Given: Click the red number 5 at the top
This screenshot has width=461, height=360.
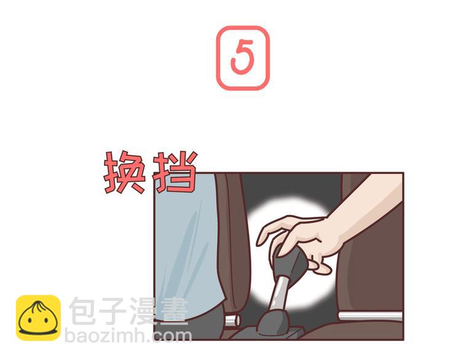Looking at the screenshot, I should (242, 58).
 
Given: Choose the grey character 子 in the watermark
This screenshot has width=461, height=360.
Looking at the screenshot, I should (114, 311).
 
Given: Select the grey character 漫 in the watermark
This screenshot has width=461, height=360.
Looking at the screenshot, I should (144, 311).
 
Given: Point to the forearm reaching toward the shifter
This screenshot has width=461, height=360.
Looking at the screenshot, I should (369, 209).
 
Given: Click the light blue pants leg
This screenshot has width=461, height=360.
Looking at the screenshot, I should (184, 246).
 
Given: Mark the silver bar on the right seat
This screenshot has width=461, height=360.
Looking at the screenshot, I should (369, 316).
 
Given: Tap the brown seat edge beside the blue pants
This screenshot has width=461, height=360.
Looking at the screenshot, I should (234, 246).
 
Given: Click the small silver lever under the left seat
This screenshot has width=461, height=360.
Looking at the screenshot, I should (231, 320).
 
